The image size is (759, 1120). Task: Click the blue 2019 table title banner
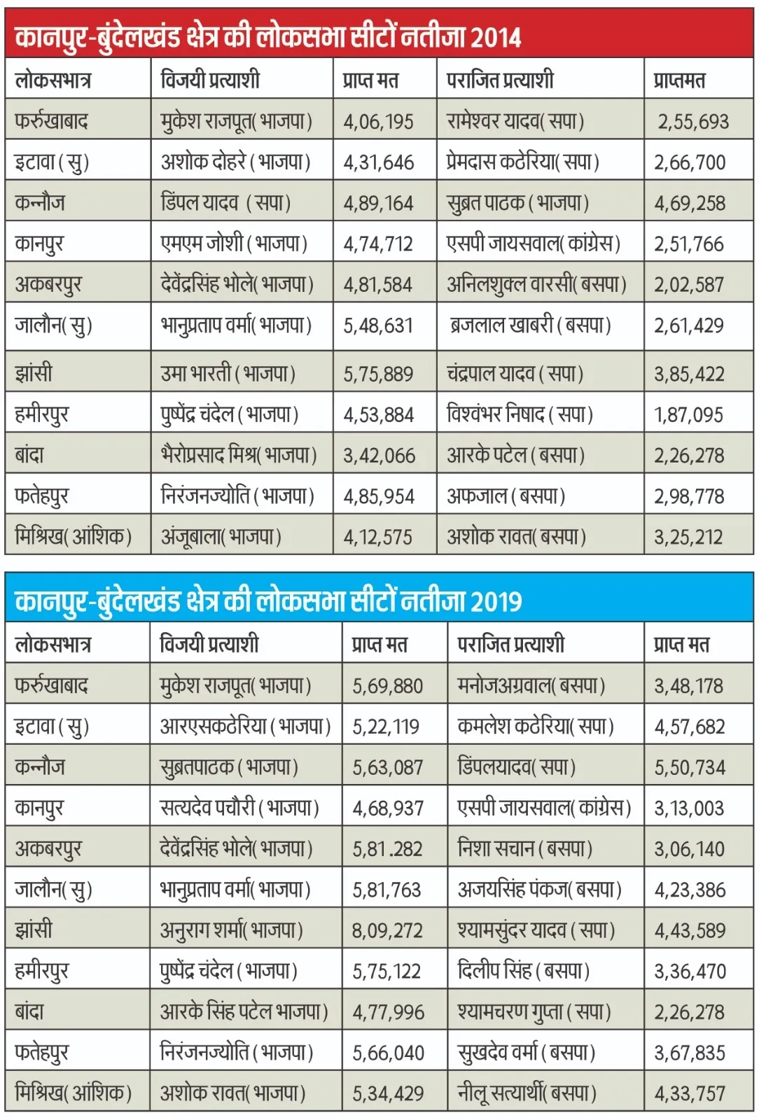point(379,598)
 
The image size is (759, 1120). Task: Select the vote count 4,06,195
point(379,122)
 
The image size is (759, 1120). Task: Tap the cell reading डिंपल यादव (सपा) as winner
point(225,203)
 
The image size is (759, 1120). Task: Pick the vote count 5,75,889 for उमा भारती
point(379,374)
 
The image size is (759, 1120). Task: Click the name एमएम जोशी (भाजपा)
point(234,244)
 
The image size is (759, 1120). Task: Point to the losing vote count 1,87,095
point(689,415)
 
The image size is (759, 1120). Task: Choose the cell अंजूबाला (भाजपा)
point(221,537)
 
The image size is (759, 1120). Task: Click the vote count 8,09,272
point(387,930)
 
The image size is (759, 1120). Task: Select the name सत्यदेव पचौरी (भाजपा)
point(239,808)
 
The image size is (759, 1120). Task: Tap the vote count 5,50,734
point(690,767)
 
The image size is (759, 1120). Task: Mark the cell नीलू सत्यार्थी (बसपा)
point(527,1093)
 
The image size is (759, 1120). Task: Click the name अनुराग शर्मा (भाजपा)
point(232,930)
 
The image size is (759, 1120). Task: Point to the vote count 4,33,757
point(690,1093)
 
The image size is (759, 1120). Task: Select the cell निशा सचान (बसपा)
point(525,848)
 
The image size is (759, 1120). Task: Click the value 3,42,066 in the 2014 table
point(379,456)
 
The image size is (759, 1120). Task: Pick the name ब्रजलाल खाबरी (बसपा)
point(530,325)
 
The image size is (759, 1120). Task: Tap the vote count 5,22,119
point(386,727)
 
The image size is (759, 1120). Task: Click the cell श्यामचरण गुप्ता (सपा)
point(534,1011)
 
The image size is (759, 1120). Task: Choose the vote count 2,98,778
point(690,496)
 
